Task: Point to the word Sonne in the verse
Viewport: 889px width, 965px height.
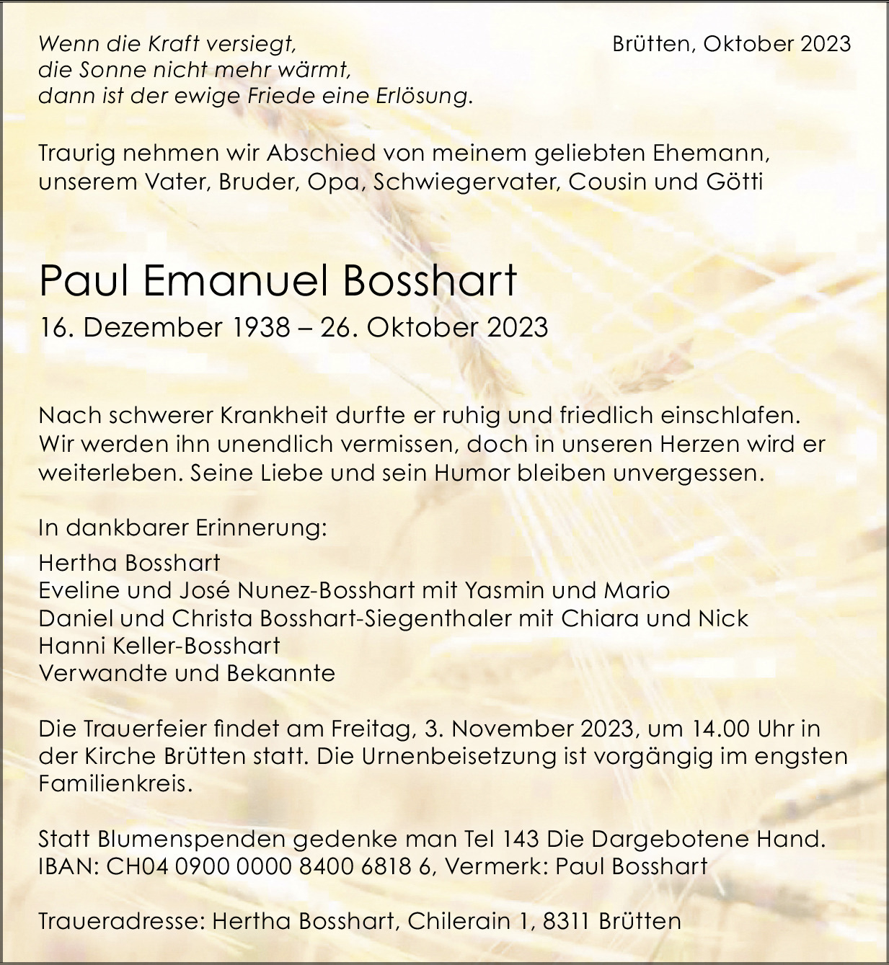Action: pos(107,70)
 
